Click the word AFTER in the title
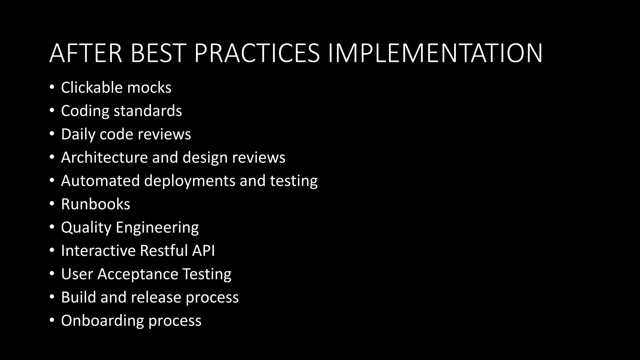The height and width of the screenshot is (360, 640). click(x=86, y=53)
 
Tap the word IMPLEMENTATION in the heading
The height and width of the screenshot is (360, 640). click(x=435, y=53)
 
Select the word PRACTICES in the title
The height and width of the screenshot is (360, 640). click(x=257, y=53)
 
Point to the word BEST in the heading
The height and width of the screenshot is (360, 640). click(x=158, y=53)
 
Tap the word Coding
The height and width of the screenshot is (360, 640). click(x=85, y=111)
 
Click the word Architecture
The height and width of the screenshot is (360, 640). click(x=104, y=157)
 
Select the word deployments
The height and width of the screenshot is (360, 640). click(x=190, y=181)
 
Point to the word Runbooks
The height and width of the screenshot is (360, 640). click(x=96, y=204)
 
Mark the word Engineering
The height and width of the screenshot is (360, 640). click(x=157, y=227)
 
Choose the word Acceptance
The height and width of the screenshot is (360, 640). click(x=137, y=274)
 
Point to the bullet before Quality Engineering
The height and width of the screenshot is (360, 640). click(x=52, y=227)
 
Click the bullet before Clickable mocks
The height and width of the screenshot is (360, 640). click(x=52, y=87)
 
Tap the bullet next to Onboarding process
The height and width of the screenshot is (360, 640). click(x=52, y=320)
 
